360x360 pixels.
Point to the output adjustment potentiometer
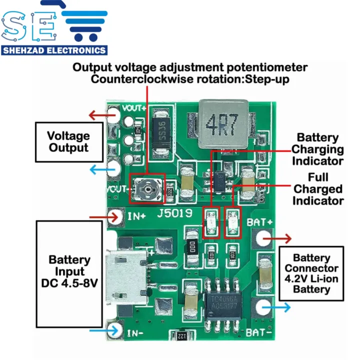146,189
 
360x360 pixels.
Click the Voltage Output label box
68,142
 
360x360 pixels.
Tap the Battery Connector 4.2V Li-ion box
311,273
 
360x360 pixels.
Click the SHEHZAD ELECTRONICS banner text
54,50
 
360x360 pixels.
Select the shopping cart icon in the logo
85,25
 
